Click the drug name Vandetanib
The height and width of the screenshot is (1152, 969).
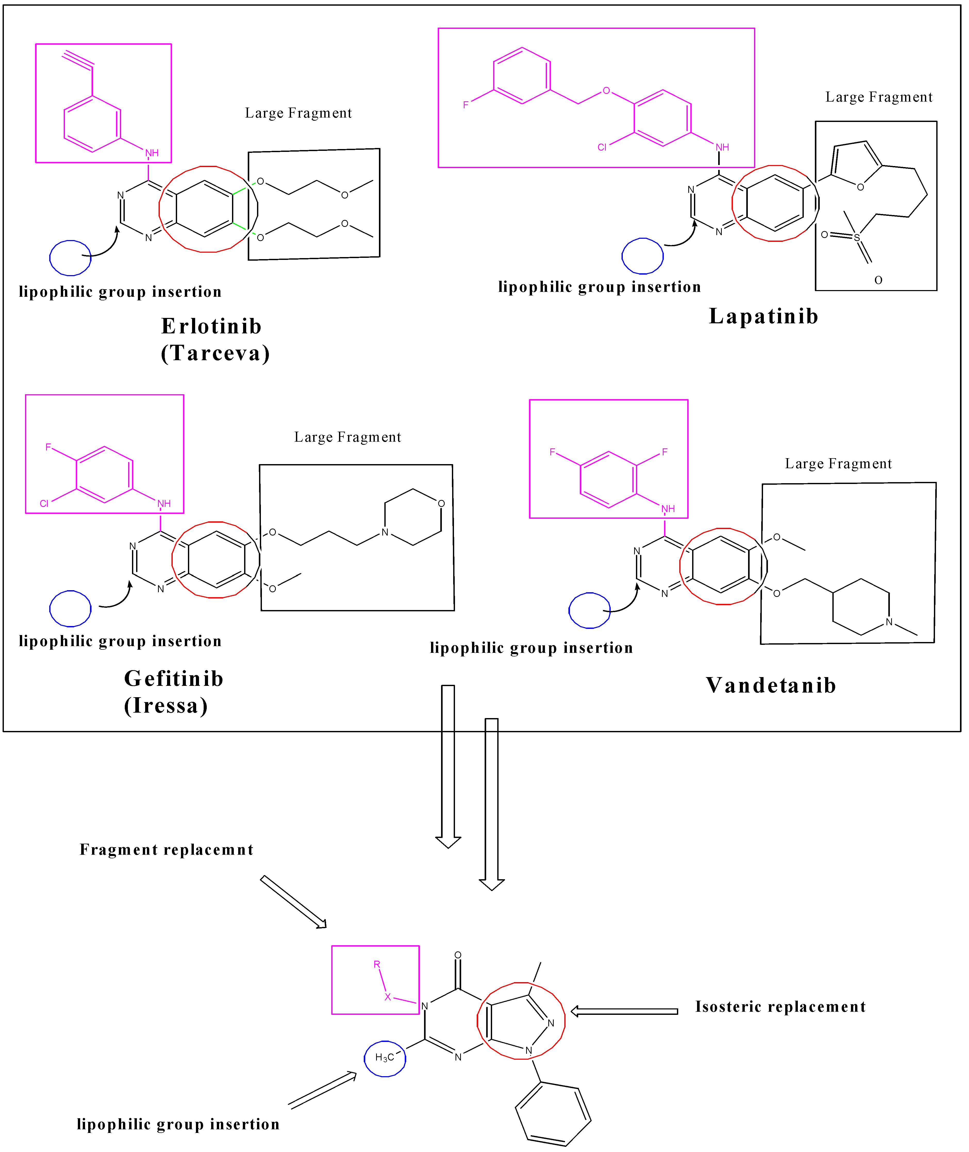click(771, 686)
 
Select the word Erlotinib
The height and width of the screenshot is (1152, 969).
click(211, 326)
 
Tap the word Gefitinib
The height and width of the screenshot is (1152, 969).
click(173, 679)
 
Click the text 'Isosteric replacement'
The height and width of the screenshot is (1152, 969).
click(780, 1007)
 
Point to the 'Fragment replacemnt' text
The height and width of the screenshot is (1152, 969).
click(167, 850)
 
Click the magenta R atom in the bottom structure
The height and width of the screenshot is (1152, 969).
click(377, 964)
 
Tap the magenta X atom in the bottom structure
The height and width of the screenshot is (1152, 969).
click(388, 997)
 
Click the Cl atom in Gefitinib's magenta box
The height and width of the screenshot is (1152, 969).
click(44, 503)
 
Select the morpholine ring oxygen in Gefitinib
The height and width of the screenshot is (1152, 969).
click(441, 503)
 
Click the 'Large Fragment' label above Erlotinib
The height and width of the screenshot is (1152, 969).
click(298, 113)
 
